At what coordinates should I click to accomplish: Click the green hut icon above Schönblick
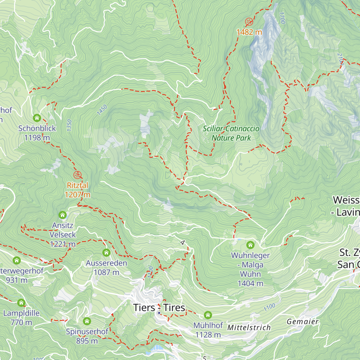37,118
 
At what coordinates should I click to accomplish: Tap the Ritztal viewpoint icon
77,175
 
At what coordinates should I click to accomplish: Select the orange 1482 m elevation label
249,32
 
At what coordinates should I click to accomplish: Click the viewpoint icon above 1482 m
249,22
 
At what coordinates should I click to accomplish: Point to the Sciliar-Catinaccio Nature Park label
231,133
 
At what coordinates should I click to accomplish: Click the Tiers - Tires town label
159,307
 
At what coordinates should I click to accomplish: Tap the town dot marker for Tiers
159,313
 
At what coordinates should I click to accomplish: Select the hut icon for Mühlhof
208,315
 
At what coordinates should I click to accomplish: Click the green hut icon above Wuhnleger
250,245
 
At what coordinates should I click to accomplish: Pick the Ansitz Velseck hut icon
62,215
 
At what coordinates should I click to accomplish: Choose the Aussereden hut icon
106,253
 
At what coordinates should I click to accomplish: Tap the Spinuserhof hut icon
87,321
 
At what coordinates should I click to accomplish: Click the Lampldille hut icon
21,303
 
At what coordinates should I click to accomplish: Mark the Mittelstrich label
249,328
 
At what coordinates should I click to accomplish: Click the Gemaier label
302,322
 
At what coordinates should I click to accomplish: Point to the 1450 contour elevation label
102,110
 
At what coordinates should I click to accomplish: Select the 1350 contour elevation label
69,125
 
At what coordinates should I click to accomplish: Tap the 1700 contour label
282,18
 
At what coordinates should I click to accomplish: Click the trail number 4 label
183,243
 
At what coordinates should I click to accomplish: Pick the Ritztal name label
77,185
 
